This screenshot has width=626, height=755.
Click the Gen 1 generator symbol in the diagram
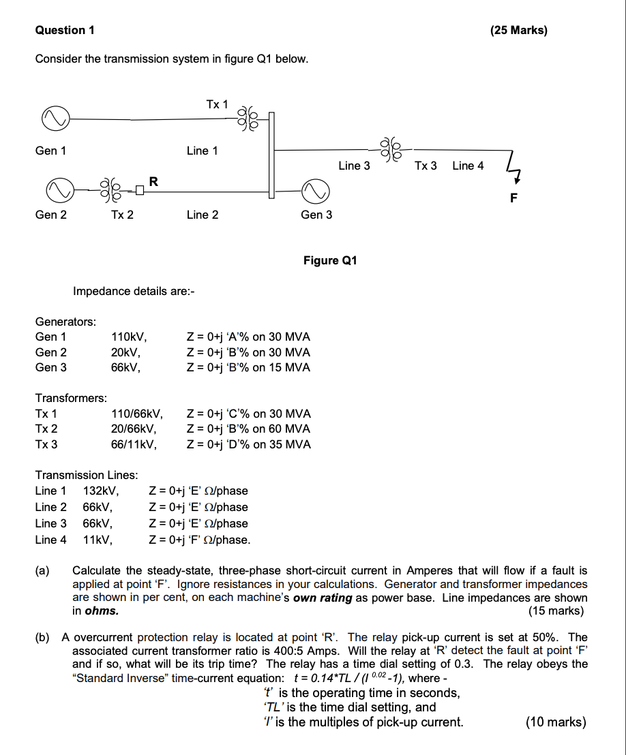click(x=56, y=119)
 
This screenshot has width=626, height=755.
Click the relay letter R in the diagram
click(x=153, y=181)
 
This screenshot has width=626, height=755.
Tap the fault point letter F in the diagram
click(x=514, y=198)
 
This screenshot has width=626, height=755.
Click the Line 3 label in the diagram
click(x=355, y=166)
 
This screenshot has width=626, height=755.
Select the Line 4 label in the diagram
click(x=468, y=166)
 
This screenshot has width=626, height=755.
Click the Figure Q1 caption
click(x=330, y=260)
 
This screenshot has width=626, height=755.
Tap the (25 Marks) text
click(x=518, y=30)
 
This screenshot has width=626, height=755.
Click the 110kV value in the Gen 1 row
click(x=129, y=337)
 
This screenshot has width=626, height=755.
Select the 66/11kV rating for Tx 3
click(x=136, y=444)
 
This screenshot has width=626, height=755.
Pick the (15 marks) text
click(x=556, y=611)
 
